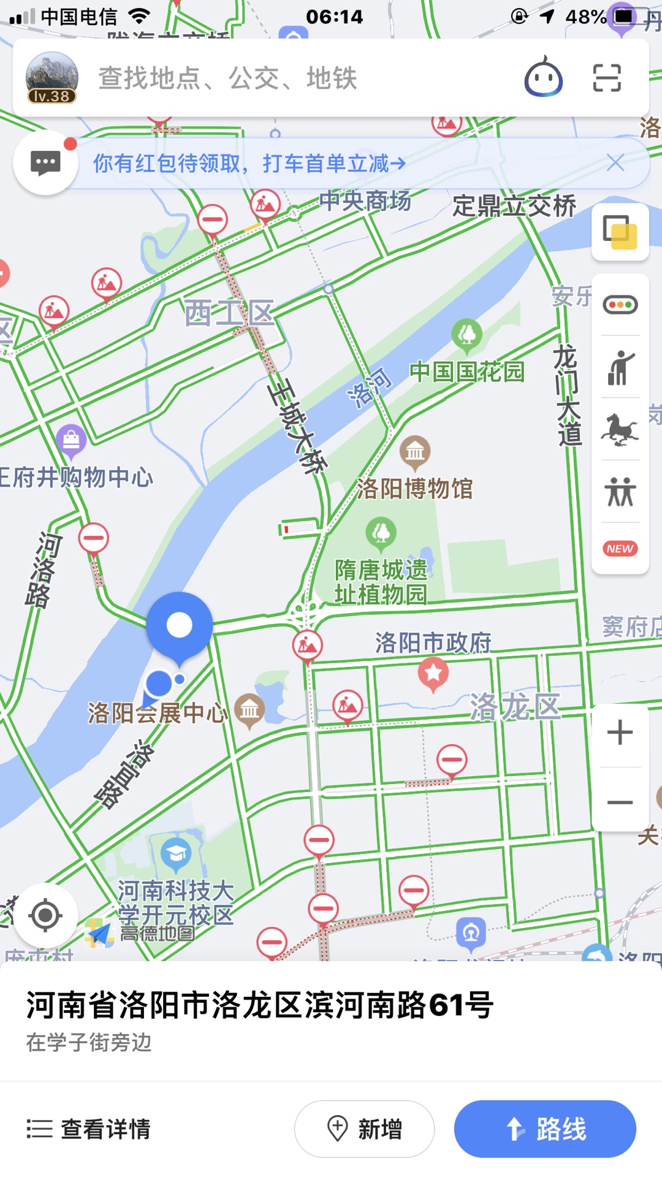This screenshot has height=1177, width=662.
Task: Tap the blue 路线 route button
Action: click(x=545, y=1129)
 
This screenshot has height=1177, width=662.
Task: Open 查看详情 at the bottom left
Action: click(x=89, y=1129)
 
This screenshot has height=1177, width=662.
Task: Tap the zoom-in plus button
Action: click(x=620, y=733)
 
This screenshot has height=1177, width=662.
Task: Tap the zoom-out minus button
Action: click(x=620, y=802)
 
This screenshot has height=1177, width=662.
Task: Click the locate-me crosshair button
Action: click(x=45, y=916)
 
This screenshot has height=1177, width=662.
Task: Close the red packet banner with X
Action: click(x=615, y=163)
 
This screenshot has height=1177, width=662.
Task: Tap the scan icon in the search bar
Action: click(x=607, y=78)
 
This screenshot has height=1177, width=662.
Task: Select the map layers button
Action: click(x=620, y=232)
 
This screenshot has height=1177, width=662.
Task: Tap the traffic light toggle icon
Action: click(x=620, y=305)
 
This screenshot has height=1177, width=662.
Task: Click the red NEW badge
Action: click(x=620, y=549)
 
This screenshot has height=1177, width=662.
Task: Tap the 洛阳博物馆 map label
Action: click(x=415, y=489)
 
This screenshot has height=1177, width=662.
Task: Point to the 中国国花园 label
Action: click(x=467, y=371)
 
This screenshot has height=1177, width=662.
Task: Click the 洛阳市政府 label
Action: click(x=433, y=642)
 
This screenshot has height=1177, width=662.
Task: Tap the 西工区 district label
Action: click(x=230, y=313)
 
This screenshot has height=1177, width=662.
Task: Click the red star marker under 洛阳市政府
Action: click(x=433, y=673)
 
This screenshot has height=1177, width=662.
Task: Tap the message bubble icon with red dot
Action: click(x=45, y=163)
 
